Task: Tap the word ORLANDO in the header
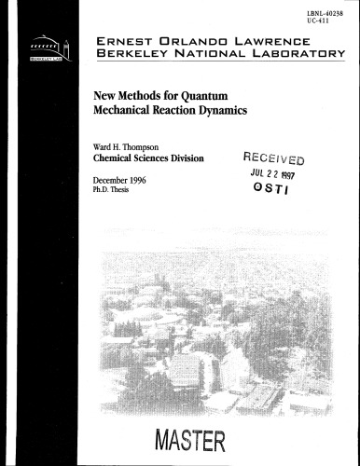198,41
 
